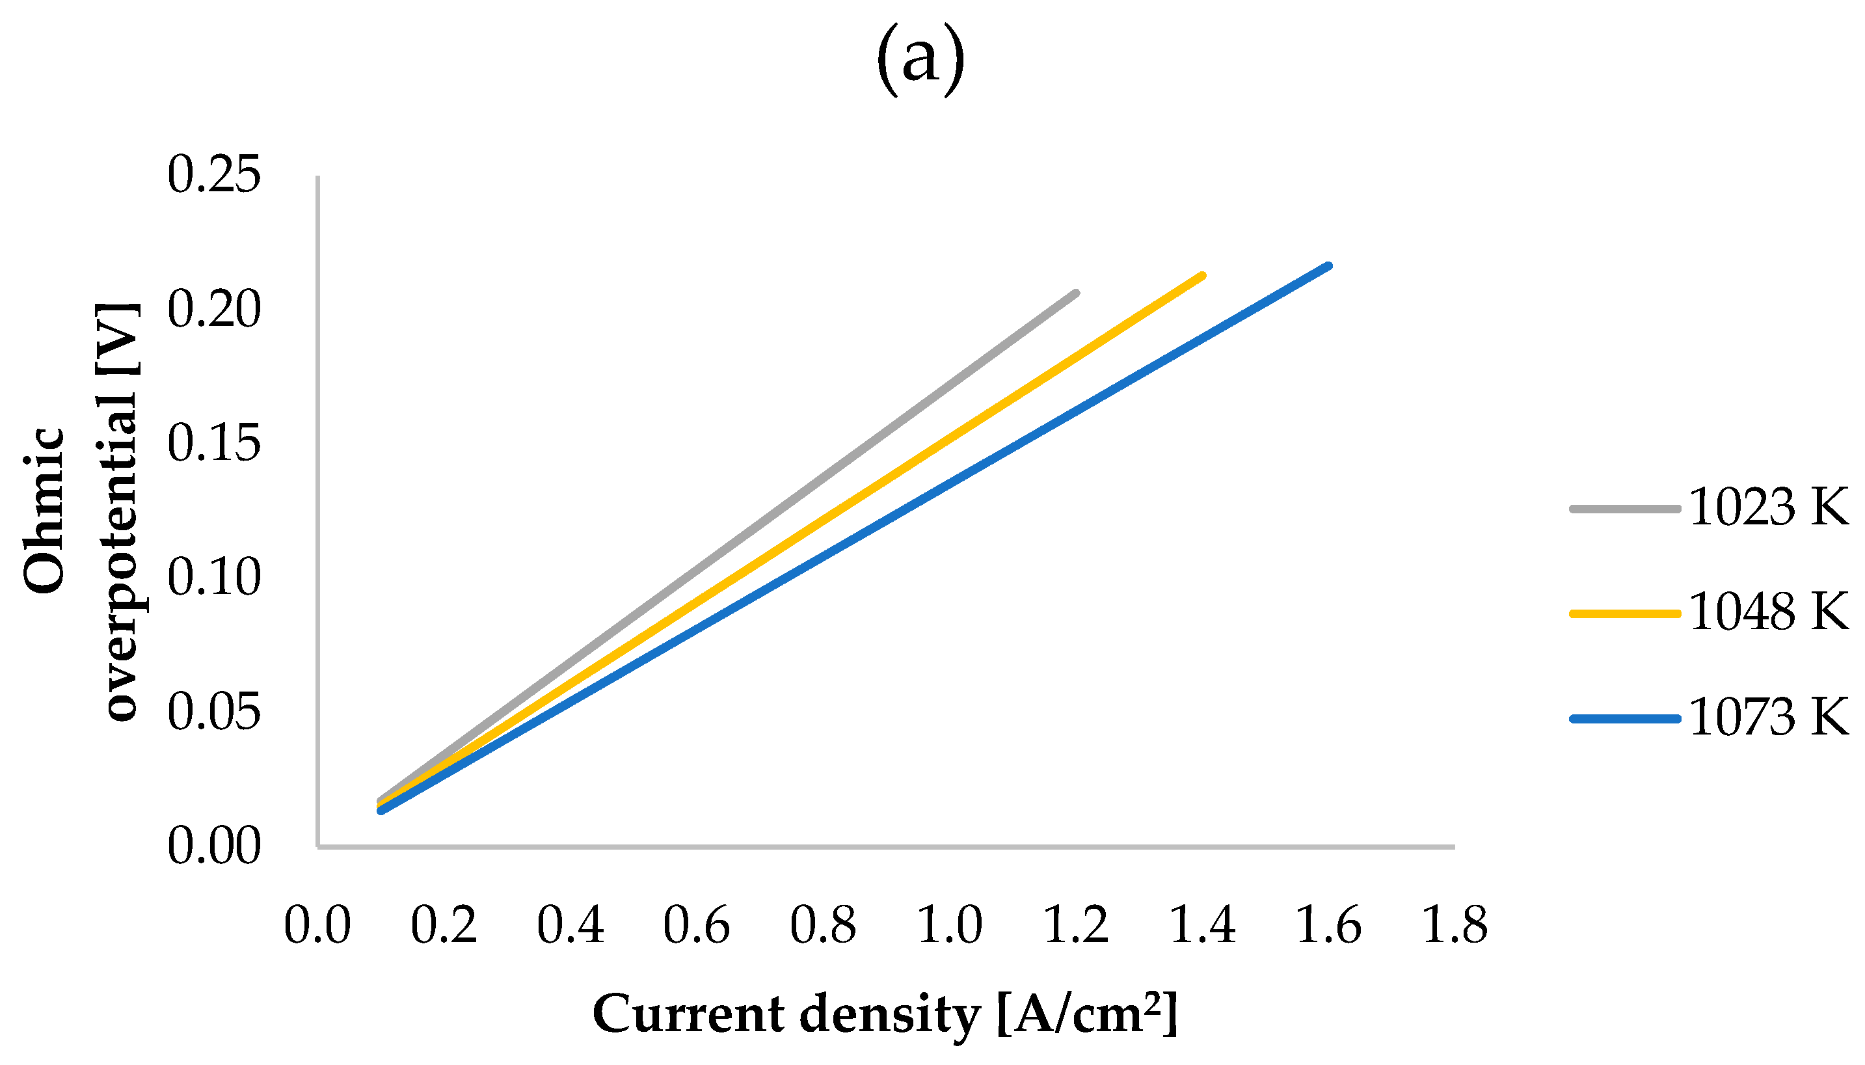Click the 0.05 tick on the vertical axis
tap(213, 712)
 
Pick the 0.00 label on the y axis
tap(213, 846)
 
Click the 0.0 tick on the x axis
tap(317, 925)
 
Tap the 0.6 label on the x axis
tap(696, 925)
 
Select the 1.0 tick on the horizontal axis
tap(949, 925)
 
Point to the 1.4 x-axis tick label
tap(1202, 925)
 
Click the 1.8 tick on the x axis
tap(1454, 925)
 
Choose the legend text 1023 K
tap(1769, 507)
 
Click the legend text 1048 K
tap(1769, 612)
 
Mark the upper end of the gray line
tap(1075, 293)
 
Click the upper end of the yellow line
tap(1202, 276)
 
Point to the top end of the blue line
tap(1328, 266)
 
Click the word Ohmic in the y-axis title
tap(44, 511)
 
